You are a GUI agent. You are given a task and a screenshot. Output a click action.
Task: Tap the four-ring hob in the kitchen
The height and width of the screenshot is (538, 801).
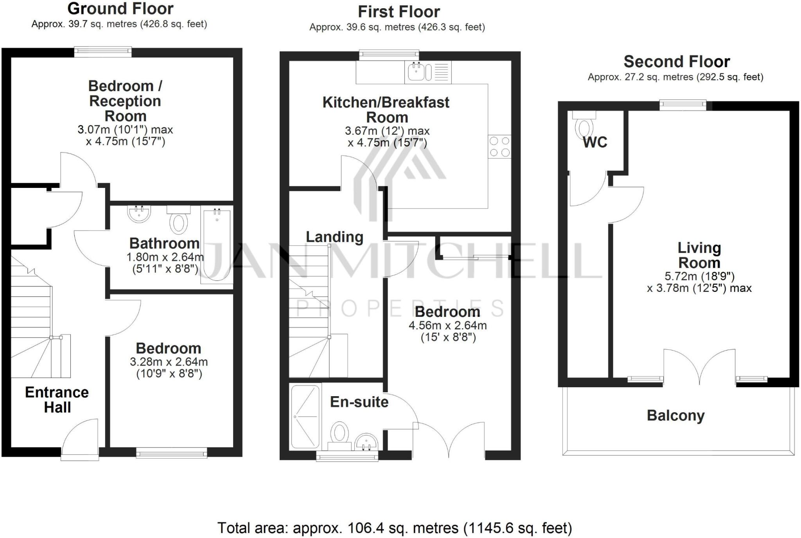pyautogui.click(x=499, y=147)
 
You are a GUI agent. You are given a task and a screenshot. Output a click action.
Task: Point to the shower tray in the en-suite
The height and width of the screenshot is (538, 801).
pyautogui.click(x=305, y=416)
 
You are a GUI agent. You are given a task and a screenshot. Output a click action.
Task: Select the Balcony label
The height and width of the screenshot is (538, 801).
pyautogui.click(x=675, y=415)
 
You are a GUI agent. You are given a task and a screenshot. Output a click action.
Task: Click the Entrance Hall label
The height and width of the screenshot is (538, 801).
pyautogui.click(x=57, y=400)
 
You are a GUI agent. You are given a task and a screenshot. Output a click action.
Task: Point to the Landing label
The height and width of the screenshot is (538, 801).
pyautogui.click(x=334, y=237)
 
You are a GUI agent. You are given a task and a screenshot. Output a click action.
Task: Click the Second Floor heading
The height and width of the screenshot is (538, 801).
pyautogui.click(x=676, y=62)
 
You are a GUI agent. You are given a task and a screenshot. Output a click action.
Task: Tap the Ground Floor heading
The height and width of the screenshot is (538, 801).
pyautogui.click(x=120, y=9)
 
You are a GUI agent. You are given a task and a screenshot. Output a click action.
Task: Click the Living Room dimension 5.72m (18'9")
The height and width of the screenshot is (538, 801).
pyautogui.click(x=699, y=276)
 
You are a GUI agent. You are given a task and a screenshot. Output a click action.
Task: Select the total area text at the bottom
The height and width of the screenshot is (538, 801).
pyautogui.click(x=394, y=528)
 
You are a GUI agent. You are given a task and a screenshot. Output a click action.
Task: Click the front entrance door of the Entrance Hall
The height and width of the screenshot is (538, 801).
pyautogui.click(x=80, y=440)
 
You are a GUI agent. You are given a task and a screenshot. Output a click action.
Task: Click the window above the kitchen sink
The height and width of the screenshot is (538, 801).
pyautogui.click(x=389, y=55)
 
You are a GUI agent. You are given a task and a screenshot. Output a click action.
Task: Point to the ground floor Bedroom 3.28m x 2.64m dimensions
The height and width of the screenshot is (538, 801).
pyautogui.click(x=169, y=368)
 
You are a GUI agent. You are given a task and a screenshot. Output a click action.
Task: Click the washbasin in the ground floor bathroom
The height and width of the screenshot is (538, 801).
pyautogui.click(x=139, y=214)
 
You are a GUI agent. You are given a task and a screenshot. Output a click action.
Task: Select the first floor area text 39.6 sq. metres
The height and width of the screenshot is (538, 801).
pyautogui.click(x=397, y=27)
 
